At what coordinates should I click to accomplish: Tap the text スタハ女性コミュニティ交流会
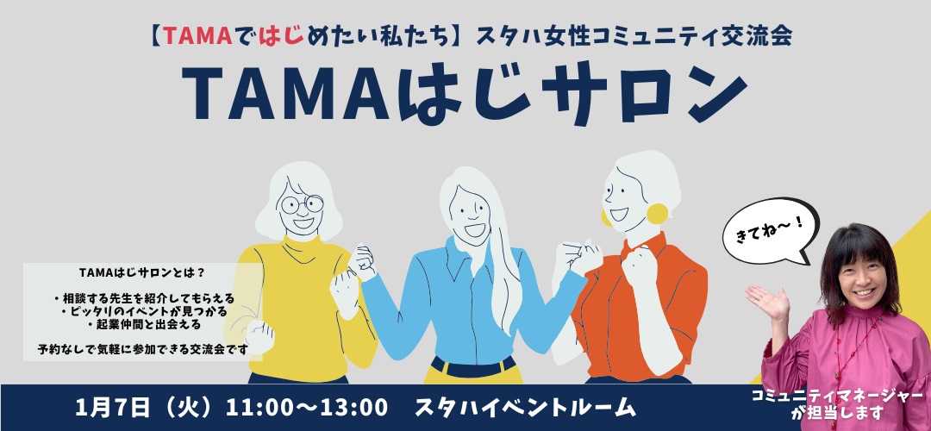(634, 37)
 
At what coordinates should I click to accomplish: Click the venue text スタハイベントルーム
(525, 408)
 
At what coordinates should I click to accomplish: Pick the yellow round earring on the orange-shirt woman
(657, 214)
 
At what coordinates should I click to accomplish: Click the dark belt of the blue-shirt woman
(473, 365)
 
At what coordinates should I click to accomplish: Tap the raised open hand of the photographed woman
(766, 302)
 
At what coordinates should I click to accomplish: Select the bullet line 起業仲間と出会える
(143, 325)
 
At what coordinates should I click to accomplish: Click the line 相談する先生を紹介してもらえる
(143, 297)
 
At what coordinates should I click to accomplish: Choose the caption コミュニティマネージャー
(837, 397)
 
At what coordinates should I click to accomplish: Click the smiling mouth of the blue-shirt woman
(475, 229)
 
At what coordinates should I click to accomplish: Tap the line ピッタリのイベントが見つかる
(143, 311)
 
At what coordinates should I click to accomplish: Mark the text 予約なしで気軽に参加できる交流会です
(142, 348)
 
